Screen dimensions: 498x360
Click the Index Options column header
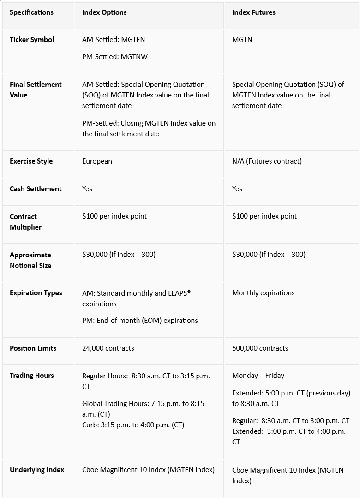coord(104,12)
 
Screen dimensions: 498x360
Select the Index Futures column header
coord(253,12)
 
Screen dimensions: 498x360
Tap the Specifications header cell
coord(31,12)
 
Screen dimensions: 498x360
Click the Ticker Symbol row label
coord(32,40)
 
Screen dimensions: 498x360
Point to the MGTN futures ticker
coord(242,40)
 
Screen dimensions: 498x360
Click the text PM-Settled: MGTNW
coord(115,57)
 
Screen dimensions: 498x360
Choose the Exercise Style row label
coord(31,161)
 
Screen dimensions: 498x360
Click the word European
coord(97,161)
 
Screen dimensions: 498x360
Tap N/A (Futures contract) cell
coord(267,161)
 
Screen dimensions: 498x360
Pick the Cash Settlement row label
coord(36,189)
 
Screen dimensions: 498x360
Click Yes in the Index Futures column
coord(237,189)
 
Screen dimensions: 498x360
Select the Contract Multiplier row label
coord(25,222)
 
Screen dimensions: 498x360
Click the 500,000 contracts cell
coord(260,348)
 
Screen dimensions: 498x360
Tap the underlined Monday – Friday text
coord(258,376)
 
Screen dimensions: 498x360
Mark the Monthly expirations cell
coord(263,293)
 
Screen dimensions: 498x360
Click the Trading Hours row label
coord(32,376)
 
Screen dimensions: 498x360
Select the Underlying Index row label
coord(37,470)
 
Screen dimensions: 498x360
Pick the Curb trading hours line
coord(133,425)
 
